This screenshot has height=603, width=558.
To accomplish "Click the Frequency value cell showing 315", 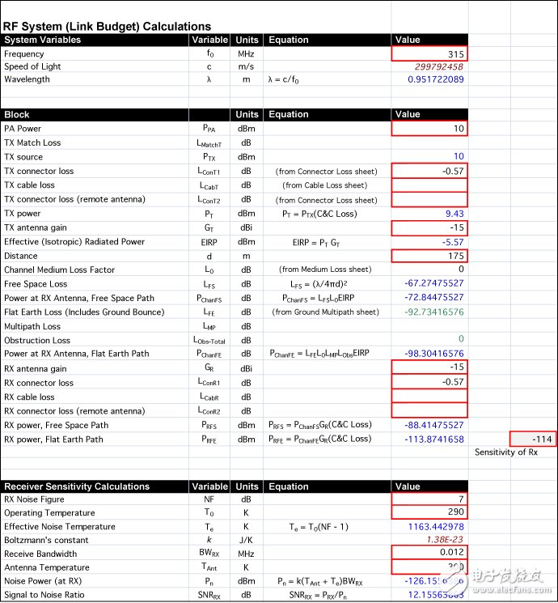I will (x=429, y=53).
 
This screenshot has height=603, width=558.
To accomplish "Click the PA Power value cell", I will (x=429, y=128).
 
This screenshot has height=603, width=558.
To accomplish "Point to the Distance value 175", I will (x=429, y=256).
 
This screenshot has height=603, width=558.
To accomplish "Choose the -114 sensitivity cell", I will (x=533, y=439).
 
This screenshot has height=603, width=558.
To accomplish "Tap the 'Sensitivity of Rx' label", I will (x=505, y=452).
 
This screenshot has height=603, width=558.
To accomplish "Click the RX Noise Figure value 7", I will (x=429, y=499).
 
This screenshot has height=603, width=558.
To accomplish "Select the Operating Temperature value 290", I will (x=429, y=513).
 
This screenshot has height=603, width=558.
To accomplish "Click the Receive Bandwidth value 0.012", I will (x=429, y=554).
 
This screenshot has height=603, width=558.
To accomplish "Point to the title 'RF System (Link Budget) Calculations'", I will (x=108, y=26).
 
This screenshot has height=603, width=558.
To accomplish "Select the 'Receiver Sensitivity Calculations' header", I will (x=77, y=486).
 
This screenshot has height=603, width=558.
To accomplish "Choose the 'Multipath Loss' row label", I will (x=32, y=326).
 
